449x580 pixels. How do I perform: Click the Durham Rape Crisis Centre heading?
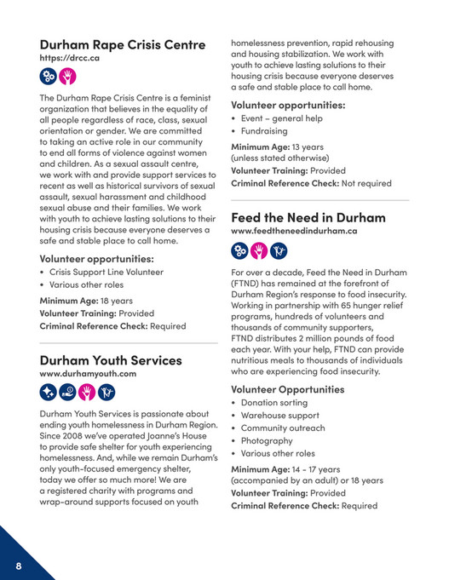point(123,43)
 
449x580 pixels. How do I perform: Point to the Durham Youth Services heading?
point(111,359)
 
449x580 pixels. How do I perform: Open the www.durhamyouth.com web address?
point(88,374)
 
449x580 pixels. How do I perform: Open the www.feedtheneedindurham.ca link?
point(294,232)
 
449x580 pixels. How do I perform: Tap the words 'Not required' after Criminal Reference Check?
point(359,183)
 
